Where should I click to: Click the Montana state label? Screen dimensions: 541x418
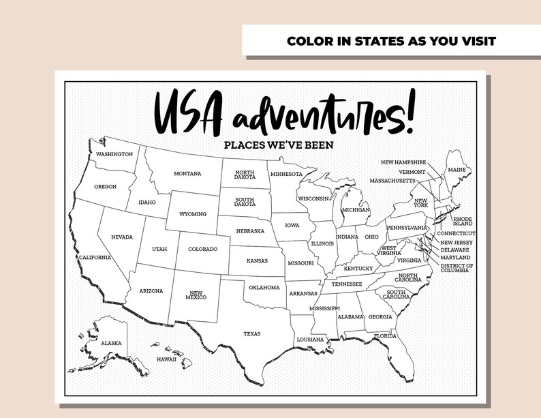[x=187, y=173]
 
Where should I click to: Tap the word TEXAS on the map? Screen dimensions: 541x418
[x=252, y=333]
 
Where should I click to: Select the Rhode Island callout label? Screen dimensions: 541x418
[x=463, y=221]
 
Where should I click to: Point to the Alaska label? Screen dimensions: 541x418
[x=111, y=343]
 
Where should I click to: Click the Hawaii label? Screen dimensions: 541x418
[x=166, y=359]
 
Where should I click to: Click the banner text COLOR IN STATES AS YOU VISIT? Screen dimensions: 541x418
[x=391, y=41]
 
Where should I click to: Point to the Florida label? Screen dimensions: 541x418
[x=385, y=335]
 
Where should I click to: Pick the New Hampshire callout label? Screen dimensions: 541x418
[x=403, y=162]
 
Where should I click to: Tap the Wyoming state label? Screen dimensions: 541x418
[x=193, y=213]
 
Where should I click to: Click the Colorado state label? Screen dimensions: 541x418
[x=202, y=249]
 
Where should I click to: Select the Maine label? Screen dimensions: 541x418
[x=456, y=169]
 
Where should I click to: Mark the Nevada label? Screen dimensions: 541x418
[x=122, y=237]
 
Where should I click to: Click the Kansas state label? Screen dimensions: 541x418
[x=257, y=260]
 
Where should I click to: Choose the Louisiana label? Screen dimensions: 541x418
[x=310, y=339]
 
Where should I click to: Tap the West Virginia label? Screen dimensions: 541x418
[x=390, y=250]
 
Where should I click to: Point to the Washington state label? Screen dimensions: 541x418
[x=114, y=154]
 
